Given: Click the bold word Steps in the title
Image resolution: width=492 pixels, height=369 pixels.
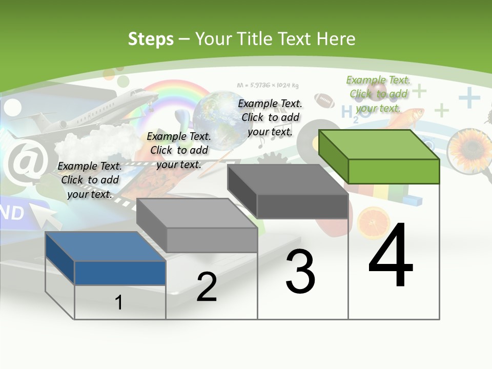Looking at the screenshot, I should point(151,39).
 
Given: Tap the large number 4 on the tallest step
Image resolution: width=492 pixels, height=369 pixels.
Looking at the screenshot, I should point(391,255).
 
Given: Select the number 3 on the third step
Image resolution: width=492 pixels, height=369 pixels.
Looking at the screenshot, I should point(300,272).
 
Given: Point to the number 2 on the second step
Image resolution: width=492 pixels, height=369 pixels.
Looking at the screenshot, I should point(207,287).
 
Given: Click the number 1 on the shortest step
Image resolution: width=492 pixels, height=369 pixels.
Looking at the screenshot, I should point(119,302).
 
